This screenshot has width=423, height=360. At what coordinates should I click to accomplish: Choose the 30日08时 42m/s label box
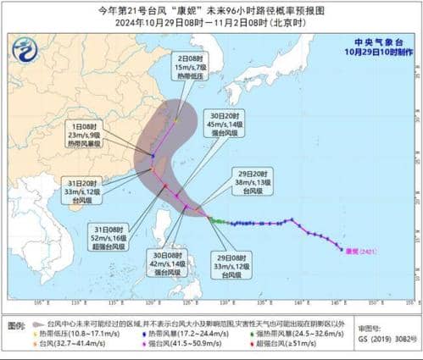(170, 263)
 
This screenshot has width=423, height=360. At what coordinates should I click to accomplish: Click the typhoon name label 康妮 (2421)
(358, 251)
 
